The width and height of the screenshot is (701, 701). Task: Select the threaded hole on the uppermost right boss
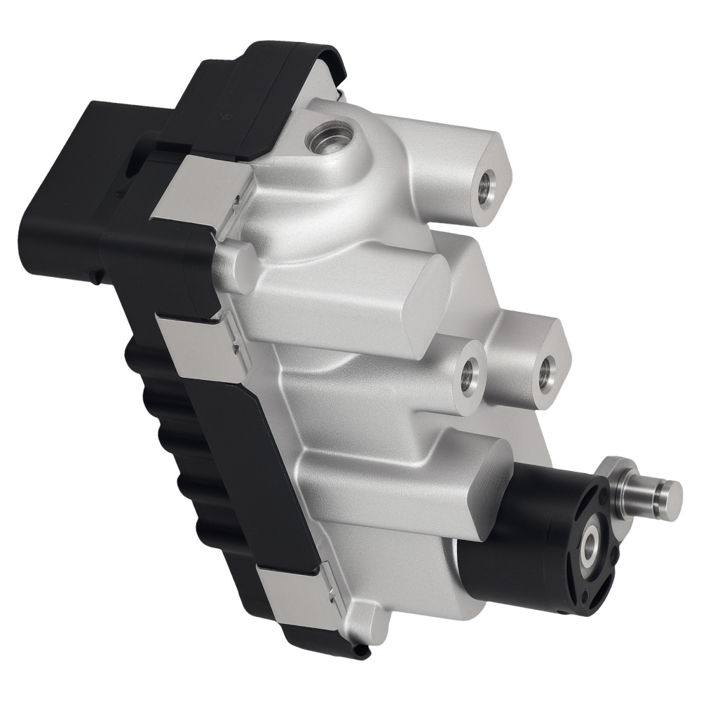[484, 185]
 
